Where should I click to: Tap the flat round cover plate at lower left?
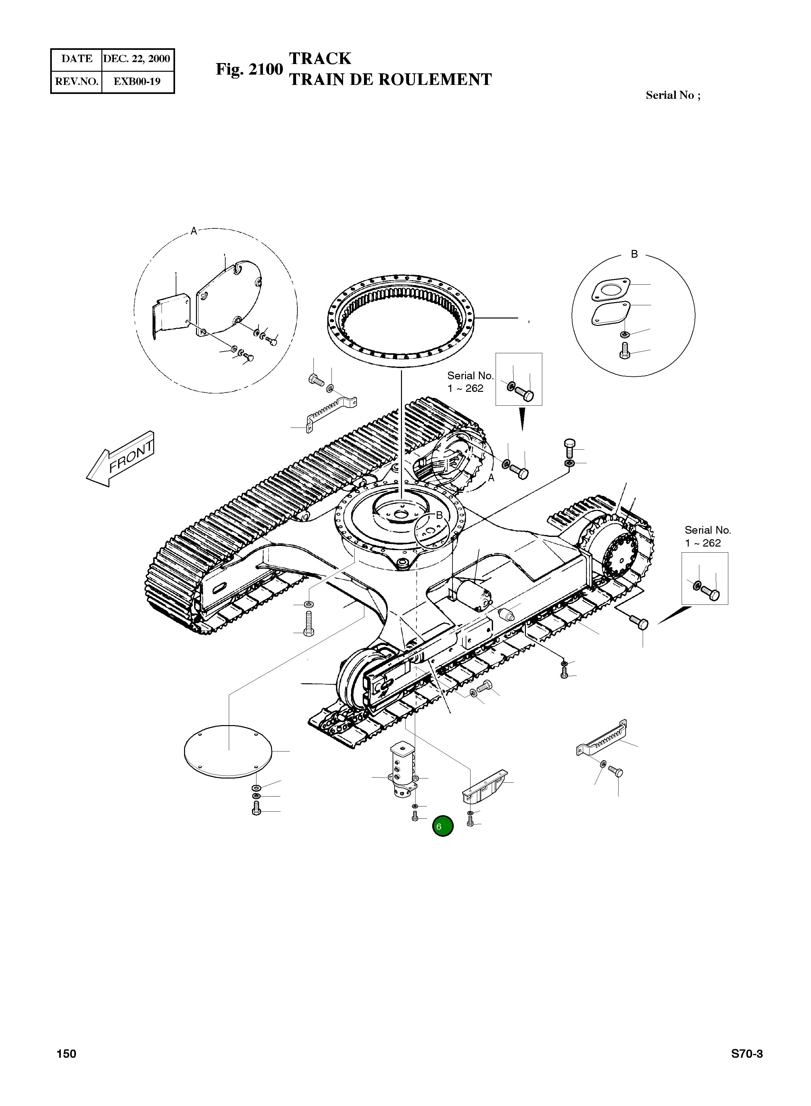[x=227, y=751]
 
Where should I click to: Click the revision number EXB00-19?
[x=137, y=81]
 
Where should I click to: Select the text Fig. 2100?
[x=249, y=69]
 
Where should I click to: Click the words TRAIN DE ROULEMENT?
[x=390, y=79]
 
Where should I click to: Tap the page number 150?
[x=66, y=1054]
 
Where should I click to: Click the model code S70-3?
[x=747, y=1054]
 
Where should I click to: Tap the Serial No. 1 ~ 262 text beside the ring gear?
[x=469, y=382]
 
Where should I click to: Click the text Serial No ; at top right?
[x=673, y=95]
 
